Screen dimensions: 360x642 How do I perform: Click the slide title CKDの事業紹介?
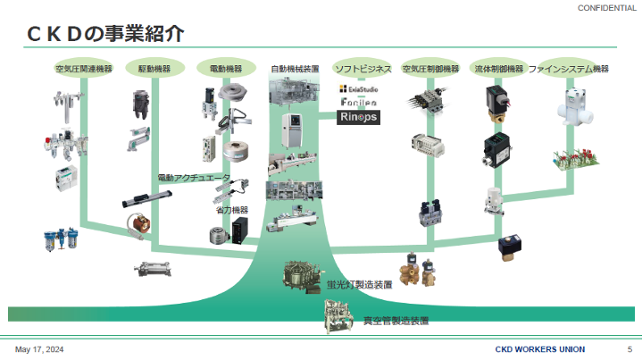(105, 34)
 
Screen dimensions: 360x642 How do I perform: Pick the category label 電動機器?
(226, 68)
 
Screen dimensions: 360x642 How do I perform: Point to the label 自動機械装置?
(296, 68)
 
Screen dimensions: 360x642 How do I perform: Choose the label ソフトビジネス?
(363, 68)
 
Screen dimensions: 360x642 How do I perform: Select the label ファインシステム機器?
(568, 68)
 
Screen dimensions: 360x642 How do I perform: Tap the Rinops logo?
(361, 117)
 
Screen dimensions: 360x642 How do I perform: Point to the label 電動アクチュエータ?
(194, 178)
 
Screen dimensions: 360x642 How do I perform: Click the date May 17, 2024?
(39, 348)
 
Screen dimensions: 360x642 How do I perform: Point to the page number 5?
(629, 348)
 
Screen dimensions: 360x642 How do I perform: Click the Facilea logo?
(361, 104)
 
